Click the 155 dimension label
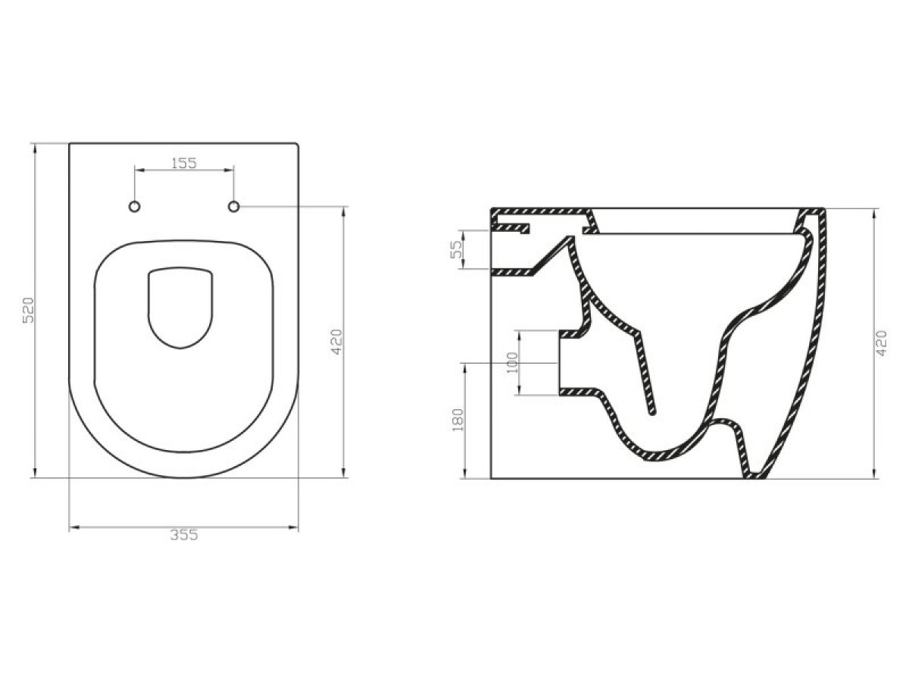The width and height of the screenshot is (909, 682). [184, 163]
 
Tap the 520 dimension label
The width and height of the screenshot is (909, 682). [29, 310]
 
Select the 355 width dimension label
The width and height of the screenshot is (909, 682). [184, 535]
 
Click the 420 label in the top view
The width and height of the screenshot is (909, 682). [337, 342]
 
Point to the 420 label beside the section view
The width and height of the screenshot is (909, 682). [882, 343]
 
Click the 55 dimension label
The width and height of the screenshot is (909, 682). [456, 250]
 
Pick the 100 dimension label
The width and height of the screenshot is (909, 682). [512, 362]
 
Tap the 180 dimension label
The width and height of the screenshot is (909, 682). [458, 420]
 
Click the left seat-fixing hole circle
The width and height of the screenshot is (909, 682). [135, 207]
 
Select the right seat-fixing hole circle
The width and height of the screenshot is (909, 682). [234, 207]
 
